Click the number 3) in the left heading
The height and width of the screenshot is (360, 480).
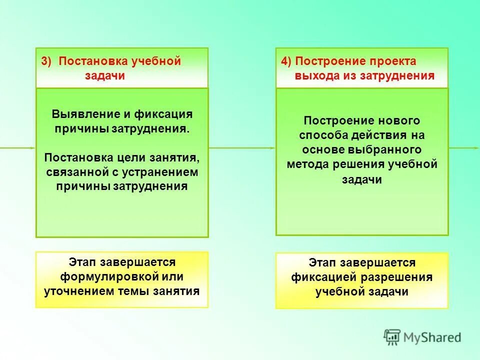click(46, 61)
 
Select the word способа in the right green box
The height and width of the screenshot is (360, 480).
click(320, 135)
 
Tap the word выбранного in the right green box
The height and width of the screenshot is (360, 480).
click(390, 149)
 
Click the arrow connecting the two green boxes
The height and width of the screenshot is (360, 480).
click(241, 148)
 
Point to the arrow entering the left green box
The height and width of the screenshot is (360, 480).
click(17, 148)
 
